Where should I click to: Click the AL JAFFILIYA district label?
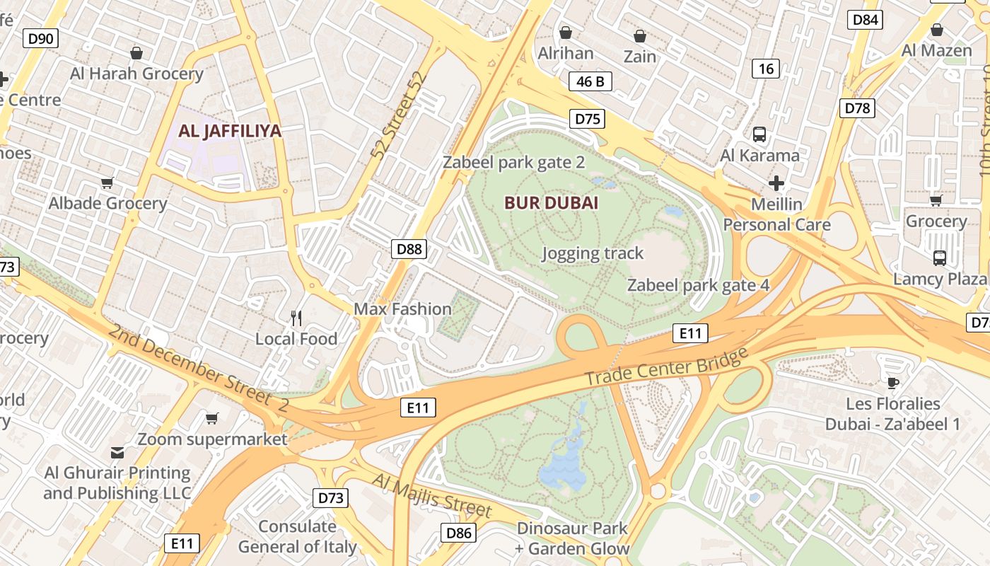tap(230, 131)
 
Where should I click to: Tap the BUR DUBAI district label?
tap(551, 203)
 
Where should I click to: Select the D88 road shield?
tap(409, 248)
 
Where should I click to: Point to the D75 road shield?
tap(588, 119)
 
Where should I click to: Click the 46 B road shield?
tap(590, 81)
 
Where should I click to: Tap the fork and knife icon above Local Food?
tap(297, 318)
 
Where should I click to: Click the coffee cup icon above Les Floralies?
tap(892, 383)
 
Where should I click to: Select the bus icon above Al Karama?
tap(759, 134)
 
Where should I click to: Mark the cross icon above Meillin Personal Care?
tap(776, 184)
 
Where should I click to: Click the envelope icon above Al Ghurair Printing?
tap(117, 452)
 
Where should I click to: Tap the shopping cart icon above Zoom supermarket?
tap(211, 418)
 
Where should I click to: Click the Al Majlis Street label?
tap(431, 495)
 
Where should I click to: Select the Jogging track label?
tap(593, 253)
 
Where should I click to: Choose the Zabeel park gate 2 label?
tap(514, 163)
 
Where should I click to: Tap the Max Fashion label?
tap(402, 309)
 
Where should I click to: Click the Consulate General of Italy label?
tap(297, 536)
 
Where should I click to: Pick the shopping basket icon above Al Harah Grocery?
tap(136, 53)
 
